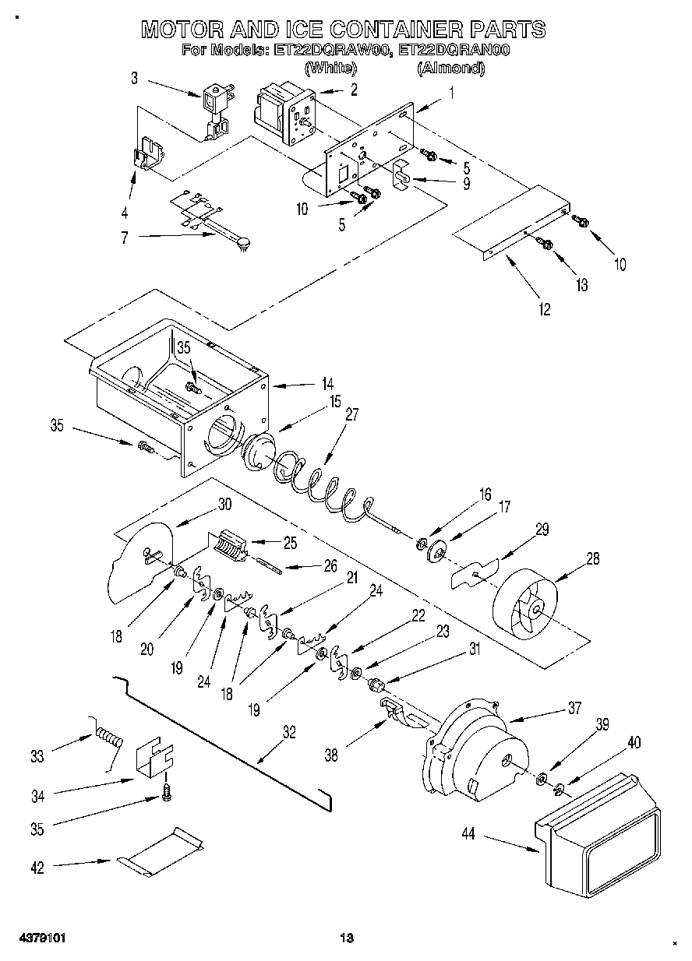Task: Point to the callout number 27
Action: [x=351, y=415]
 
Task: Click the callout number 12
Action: [x=543, y=309]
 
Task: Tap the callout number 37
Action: [x=574, y=708]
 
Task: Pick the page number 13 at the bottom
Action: [x=347, y=937]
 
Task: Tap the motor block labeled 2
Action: [x=282, y=114]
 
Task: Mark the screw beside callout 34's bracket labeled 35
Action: [x=166, y=791]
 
